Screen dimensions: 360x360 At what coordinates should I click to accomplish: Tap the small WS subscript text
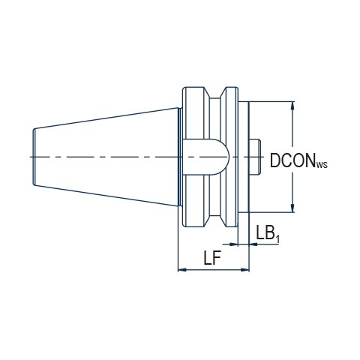click(x=322, y=165)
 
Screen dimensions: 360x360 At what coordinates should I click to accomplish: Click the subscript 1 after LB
click(x=277, y=239)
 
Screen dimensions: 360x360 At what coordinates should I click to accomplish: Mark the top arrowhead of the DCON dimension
click(x=292, y=106)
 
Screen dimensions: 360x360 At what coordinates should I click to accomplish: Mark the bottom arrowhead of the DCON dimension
click(x=292, y=208)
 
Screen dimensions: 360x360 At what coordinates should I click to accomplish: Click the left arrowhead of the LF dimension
click(x=182, y=270)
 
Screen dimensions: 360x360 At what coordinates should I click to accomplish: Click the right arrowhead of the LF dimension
click(x=244, y=270)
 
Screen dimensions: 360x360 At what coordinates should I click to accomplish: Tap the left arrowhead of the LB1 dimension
click(x=232, y=244)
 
